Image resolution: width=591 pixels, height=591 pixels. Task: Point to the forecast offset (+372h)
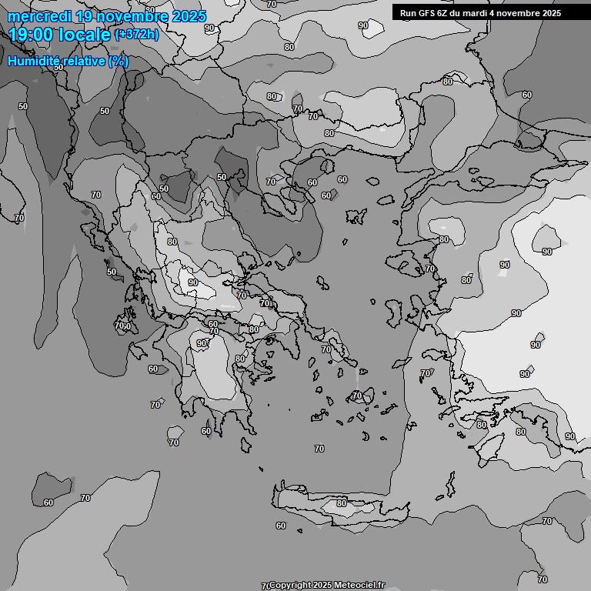pyautogui.click(x=136, y=35)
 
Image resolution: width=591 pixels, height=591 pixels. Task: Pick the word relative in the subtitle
pyautogui.click(x=82, y=61)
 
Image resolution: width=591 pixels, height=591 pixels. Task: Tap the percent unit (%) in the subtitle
pyautogui.click(x=119, y=61)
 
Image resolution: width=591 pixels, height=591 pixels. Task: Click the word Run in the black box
pyautogui.click(x=408, y=13)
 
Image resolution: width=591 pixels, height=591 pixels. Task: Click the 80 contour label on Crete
pyautogui.click(x=342, y=503)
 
